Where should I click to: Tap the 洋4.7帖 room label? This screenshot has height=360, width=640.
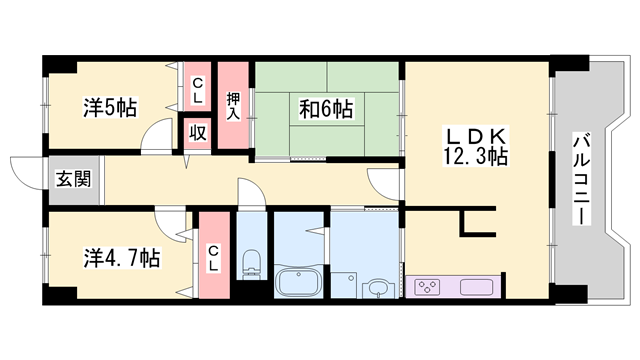tap(119, 258)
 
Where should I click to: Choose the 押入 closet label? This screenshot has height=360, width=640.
tap(233, 105)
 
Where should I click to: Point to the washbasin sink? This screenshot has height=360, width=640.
tap(376, 289)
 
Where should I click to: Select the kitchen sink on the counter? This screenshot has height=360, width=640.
tap(475, 288)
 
